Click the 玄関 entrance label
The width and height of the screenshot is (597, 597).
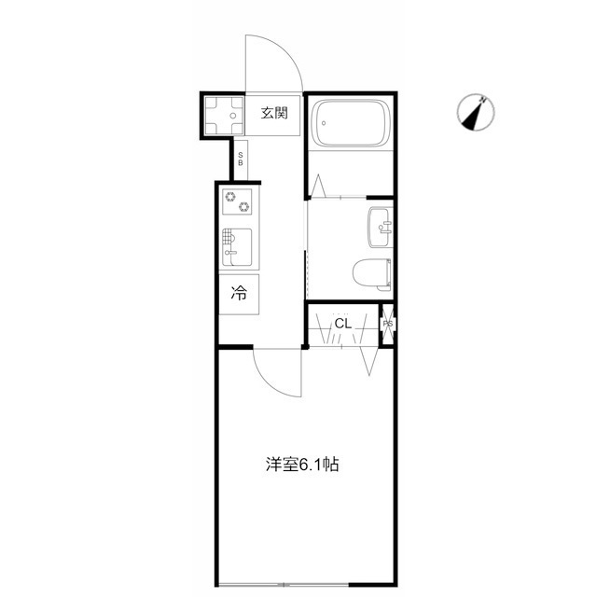pyautogui.click(x=274, y=113)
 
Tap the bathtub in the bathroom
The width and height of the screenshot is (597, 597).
pyautogui.click(x=351, y=123)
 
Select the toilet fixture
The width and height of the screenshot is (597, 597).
pyautogui.click(x=372, y=274)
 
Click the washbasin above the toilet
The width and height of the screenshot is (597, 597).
pyautogui.click(x=381, y=228)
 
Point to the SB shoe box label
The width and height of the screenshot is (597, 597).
pyautogui.click(x=241, y=160)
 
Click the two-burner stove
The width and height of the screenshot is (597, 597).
pyautogui.click(x=237, y=201)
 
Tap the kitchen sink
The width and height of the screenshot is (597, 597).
pyautogui.click(x=237, y=247)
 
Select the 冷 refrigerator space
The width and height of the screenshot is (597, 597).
pyautogui.click(x=239, y=294)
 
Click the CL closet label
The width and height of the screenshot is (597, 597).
pyautogui.click(x=342, y=324)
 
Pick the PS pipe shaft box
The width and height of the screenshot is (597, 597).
pyautogui.click(x=388, y=324)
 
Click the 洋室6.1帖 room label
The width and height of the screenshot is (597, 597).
pyautogui.click(x=302, y=465)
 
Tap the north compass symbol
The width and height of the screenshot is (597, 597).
pyautogui.click(x=476, y=112)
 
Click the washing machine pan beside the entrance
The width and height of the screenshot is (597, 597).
pyautogui.click(x=224, y=116)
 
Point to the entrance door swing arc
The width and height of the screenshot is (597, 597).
pyautogui.click(x=285, y=50)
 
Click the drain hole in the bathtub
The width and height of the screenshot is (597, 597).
pyautogui.click(x=324, y=123)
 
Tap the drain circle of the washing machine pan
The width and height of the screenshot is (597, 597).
pyautogui.click(x=233, y=116)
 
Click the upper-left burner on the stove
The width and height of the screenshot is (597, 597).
pyautogui.click(x=230, y=197)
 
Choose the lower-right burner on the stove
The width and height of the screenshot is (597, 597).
pyautogui.click(x=243, y=207)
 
